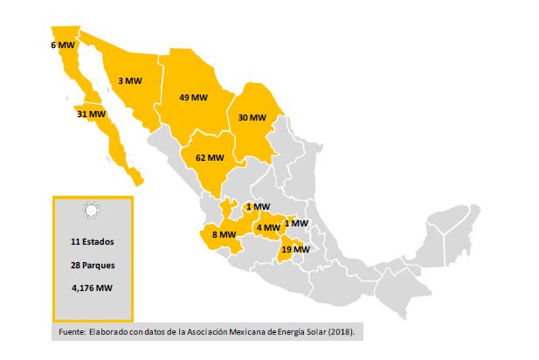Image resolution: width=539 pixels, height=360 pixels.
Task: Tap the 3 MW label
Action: point(129,80)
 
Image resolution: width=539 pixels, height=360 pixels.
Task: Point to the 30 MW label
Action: point(252,117)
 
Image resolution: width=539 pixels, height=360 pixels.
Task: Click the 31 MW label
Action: point(91,114)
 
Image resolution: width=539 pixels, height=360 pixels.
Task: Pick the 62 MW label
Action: point(210,158)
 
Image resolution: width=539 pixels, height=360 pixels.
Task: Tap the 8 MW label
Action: point(224,234)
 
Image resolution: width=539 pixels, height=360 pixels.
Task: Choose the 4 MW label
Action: point(268,228)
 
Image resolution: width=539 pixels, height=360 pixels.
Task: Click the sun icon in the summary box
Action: point(92,211)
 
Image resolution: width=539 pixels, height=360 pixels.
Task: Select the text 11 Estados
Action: point(92,240)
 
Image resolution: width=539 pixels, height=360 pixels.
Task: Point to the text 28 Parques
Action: point(92,264)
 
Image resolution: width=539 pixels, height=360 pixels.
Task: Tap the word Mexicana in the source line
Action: point(236,333)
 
